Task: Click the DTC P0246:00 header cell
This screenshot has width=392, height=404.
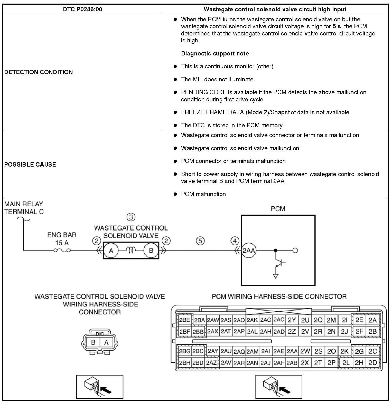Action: (x=82, y=9)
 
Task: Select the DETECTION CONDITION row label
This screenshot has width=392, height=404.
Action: (x=39, y=72)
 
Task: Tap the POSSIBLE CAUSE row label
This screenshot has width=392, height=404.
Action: (x=30, y=165)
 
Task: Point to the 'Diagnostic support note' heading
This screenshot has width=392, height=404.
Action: (x=215, y=53)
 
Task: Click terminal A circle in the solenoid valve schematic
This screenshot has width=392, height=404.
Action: (x=111, y=251)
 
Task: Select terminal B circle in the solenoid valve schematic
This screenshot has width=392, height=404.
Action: (x=151, y=251)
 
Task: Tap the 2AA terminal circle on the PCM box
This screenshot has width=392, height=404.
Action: (x=249, y=251)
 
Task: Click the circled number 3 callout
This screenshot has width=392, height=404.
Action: (x=131, y=217)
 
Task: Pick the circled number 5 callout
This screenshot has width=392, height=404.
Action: (x=200, y=241)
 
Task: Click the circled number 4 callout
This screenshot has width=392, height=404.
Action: (x=235, y=241)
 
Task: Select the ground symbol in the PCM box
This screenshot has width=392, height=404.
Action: (x=276, y=276)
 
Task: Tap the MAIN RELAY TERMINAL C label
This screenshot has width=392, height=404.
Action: (x=24, y=208)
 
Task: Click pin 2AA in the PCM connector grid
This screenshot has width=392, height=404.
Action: (x=292, y=351)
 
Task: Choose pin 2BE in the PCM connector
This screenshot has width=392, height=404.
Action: (x=184, y=320)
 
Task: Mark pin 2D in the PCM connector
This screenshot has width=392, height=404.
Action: (x=372, y=362)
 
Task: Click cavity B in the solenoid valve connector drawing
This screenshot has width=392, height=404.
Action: (x=93, y=342)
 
